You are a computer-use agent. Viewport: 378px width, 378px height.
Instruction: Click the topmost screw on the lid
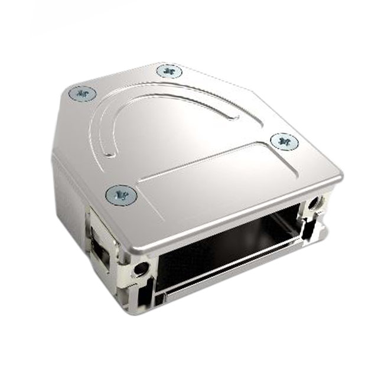coord(168,71)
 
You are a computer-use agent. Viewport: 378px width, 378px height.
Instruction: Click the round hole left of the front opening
coord(141,269)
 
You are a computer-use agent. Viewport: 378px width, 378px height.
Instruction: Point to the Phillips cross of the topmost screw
coord(168,71)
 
